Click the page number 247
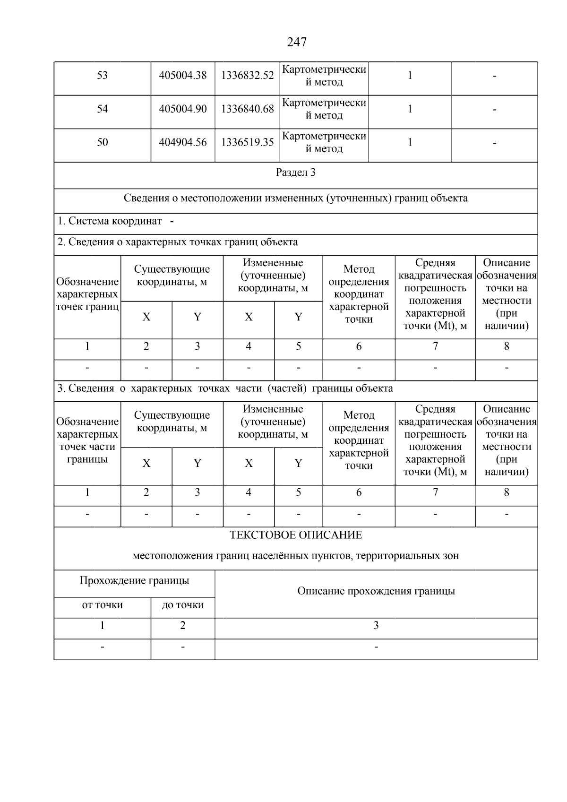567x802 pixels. (x=296, y=43)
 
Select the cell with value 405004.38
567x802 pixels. (x=183, y=76)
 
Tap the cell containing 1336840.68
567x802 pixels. (x=248, y=109)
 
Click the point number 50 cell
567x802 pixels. (x=103, y=142)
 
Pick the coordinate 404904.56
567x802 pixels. (x=183, y=142)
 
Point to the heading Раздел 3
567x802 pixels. (x=296, y=172)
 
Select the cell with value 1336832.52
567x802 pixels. (x=248, y=76)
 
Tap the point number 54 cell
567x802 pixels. (x=103, y=109)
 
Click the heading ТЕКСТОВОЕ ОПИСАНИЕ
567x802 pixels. (x=296, y=535)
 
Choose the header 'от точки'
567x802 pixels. (x=103, y=605)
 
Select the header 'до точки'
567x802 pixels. (x=183, y=605)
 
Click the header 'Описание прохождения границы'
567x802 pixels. (x=376, y=591)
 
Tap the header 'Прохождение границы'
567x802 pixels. (x=135, y=581)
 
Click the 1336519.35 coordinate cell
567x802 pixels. (x=248, y=142)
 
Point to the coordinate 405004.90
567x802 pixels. (x=183, y=109)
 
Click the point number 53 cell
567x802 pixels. (x=103, y=76)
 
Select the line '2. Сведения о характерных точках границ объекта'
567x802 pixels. (x=178, y=242)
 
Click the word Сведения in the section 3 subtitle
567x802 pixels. (x=145, y=198)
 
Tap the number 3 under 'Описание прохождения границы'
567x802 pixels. (x=376, y=626)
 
